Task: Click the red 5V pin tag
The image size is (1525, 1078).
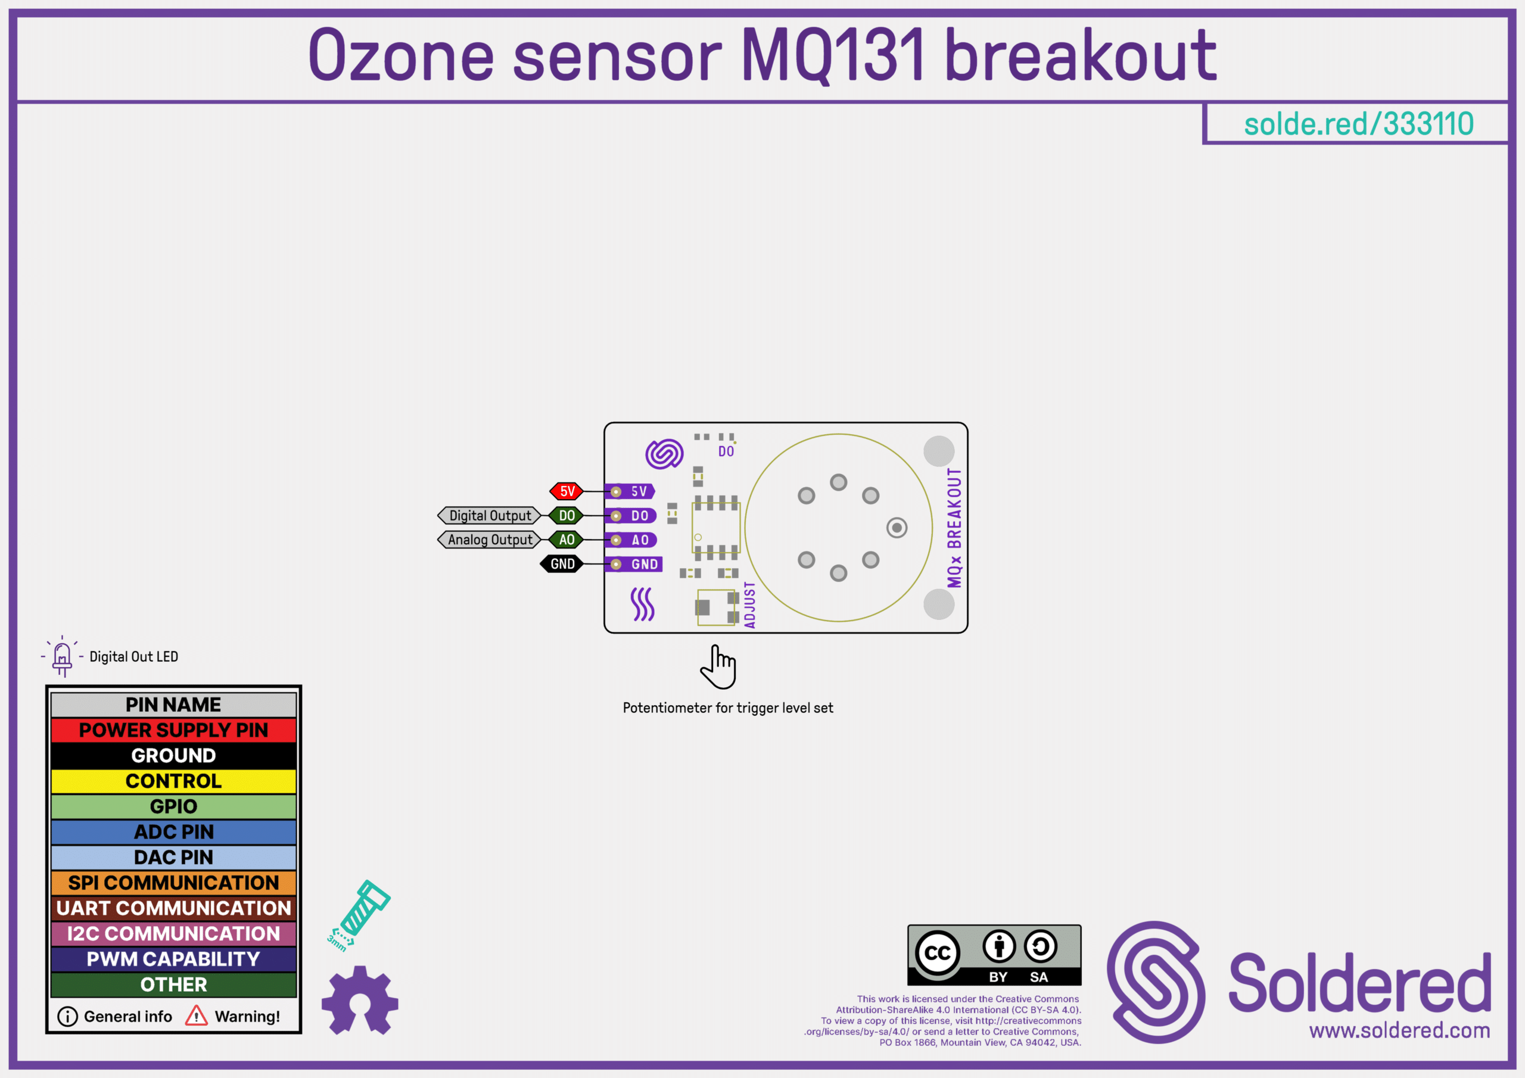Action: (567, 491)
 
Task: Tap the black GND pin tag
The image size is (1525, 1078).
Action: (562, 564)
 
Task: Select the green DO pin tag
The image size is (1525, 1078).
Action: (567, 515)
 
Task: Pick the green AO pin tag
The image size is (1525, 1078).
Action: (567, 540)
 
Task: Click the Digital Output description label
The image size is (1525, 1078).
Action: (490, 515)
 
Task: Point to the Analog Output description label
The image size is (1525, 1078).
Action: (490, 540)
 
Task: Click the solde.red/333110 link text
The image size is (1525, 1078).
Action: (1358, 124)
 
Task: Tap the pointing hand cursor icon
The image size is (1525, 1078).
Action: (718, 667)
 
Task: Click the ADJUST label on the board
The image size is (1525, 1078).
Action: (750, 605)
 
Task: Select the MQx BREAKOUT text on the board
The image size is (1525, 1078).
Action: (954, 528)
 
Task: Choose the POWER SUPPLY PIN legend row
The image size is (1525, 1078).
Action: (173, 730)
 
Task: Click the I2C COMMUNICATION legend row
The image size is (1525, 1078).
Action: (173, 933)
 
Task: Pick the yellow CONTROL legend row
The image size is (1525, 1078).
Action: (173, 780)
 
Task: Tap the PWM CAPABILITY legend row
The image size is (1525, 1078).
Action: (173, 958)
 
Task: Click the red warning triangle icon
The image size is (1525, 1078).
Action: (196, 1015)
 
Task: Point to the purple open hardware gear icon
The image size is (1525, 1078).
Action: (360, 999)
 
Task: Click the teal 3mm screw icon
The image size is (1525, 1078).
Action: (359, 915)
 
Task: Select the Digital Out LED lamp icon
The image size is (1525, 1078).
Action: (63, 656)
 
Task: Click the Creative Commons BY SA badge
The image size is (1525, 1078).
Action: (994, 955)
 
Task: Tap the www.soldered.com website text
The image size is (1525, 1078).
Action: (1399, 1030)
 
